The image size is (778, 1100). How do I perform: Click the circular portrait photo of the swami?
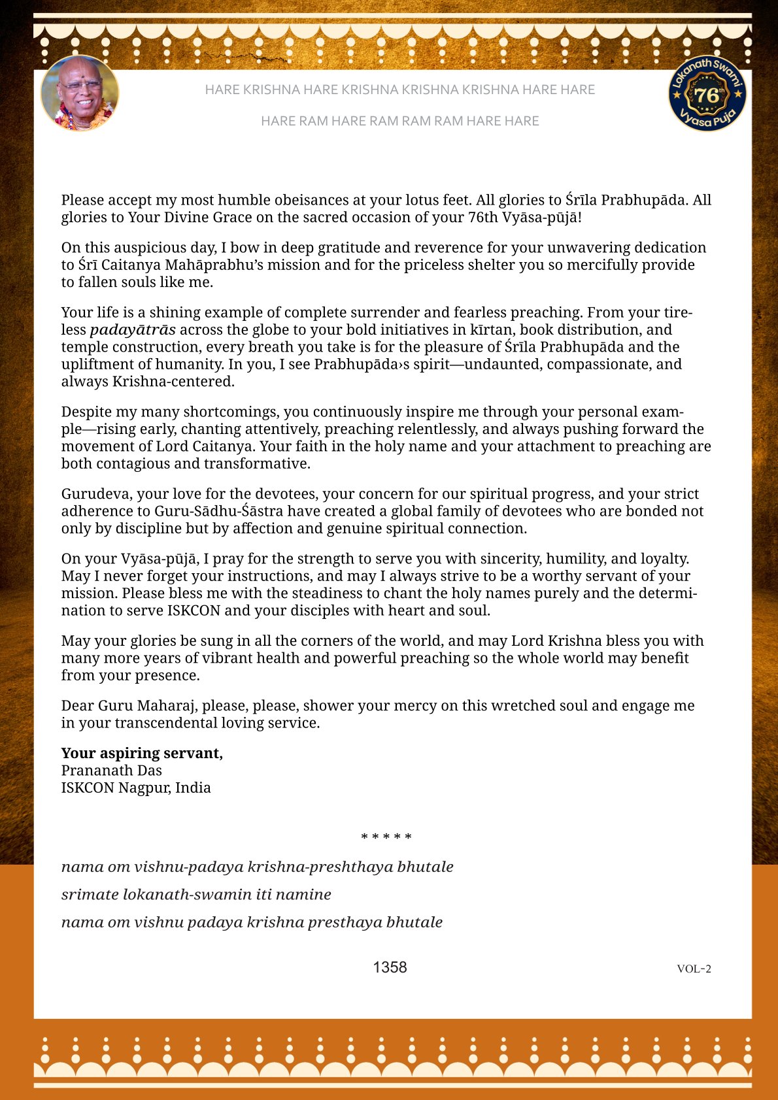pyautogui.click(x=80, y=93)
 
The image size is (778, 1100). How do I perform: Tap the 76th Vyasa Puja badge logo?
pyautogui.click(x=707, y=93)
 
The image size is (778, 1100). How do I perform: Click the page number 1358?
pyautogui.click(x=390, y=967)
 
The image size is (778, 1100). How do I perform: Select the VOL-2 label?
pyautogui.click(x=694, y=969)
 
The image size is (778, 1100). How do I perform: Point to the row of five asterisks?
pyautogui.click(x=386, y=837)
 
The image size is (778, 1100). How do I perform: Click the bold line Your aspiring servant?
pyautogui.click(x=142, y=753)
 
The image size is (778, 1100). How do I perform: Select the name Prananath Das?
pyautogui.click(x=111, y=771)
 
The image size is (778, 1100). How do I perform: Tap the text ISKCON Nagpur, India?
pyautogui.click(x=136, y=788)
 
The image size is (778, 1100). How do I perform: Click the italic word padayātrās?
pyautogui.click(x=133, y=329)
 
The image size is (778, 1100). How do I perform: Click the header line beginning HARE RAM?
pyautogui.click(x=399, y=121)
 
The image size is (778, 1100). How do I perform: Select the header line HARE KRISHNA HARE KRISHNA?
pyautogui.click(x=399, y=90)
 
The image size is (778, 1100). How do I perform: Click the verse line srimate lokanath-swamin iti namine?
pyautogui.click(x=196, y=894)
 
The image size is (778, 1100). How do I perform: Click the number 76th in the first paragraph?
pyautogui.click(x=482, y=217)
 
